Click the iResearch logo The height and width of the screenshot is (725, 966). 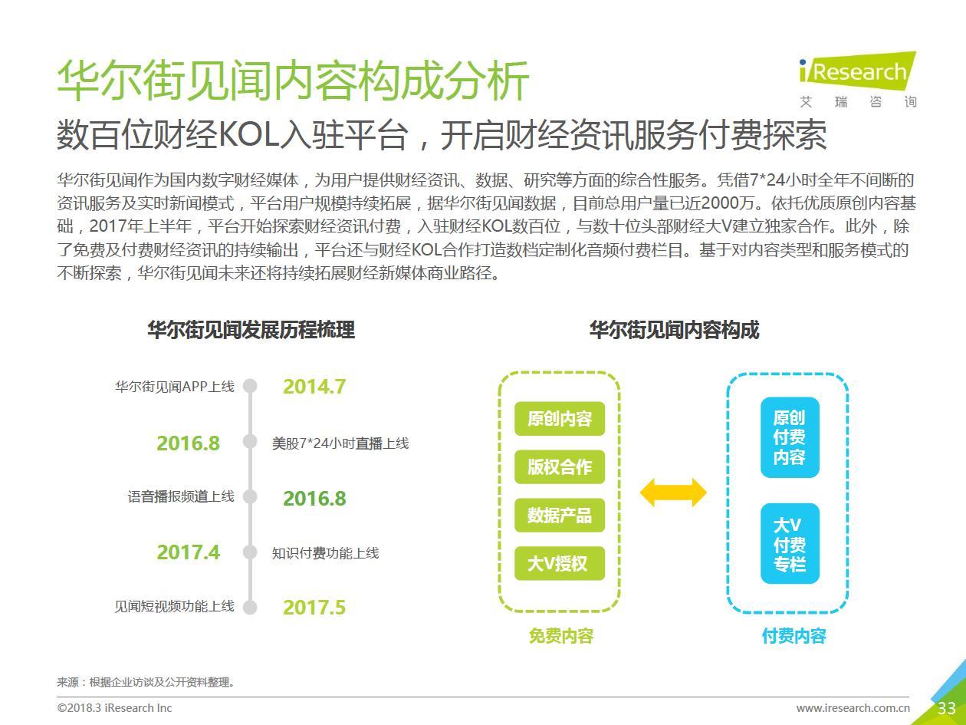click(x=858, y=79)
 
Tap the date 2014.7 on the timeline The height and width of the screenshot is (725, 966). click(x=314, y=387)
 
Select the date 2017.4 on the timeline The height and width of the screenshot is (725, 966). click(x=188, y=552)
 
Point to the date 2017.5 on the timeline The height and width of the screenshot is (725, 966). click(x=314, y=608)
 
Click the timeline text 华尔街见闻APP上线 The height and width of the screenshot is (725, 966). click(x=175, y=387)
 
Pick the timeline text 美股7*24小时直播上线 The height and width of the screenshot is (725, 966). click(x=340, y=443)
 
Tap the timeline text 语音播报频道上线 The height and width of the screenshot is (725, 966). click(x=181, y=496)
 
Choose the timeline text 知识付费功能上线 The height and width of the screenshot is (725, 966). click(x=325, y=553)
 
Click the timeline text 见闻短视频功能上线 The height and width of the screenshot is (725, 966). click(x=174, y=606)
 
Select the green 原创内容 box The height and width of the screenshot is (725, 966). click(x=560, y=419)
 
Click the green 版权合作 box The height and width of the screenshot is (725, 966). click(x=560, y=466)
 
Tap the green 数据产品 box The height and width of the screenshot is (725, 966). click(x=560, y=515)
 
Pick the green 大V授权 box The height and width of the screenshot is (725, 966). click(x=560, y=563)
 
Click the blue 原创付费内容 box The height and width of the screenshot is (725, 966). click(x=790, y=437)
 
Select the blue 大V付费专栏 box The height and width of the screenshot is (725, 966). click(x=790, y=544)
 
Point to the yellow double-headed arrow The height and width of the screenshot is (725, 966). click(x=673, y=493)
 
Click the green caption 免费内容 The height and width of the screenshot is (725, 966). click(x=561, y=636)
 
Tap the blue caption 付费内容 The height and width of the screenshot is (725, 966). click(x=794, y=636)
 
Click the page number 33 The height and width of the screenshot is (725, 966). click(x=947, y=708)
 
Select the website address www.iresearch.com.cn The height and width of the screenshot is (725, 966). click(x=853, y=708)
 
